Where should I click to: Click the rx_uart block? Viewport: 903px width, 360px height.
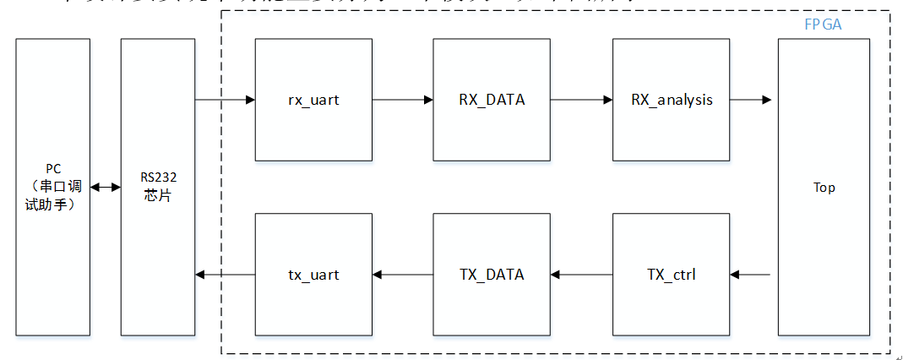(x=313, y=100)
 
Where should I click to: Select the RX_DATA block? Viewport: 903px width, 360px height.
(x=492, y=100)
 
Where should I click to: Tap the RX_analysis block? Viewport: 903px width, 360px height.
(x=672, y=100)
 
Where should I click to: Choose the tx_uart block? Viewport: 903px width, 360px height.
(x=313, y=274)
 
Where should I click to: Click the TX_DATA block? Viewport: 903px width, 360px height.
(x=492, y=274)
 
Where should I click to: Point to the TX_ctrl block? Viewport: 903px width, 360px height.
(x=672, y=274)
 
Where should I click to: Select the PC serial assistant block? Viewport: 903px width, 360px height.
(x=52, y=187)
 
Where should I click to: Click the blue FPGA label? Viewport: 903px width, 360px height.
(x=823, y=25)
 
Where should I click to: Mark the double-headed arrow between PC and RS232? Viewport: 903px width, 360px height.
(x=106, y=187)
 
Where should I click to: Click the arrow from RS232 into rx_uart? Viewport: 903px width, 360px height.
(x=225, y=100)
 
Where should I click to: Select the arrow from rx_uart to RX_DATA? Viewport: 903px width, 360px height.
(x=402, y=100)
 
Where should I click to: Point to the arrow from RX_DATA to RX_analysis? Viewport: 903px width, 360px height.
(x=581, y=100)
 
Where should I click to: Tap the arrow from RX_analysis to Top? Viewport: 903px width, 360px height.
(x=750, y=100)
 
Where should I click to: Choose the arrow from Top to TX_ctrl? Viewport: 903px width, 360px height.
(x=750, y=274)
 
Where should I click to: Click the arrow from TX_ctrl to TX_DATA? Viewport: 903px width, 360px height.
(x=581, y=274)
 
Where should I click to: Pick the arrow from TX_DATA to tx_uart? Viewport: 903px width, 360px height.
(x=402, y=274)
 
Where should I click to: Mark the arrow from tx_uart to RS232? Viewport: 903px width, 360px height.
(x=225, y=274)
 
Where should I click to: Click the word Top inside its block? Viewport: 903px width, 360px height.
(x=824, y=188)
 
